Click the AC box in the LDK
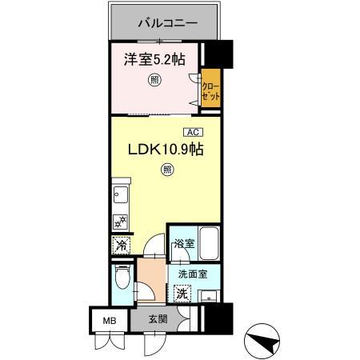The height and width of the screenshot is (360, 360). pos(192,131)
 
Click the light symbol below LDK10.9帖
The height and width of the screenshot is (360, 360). pos(166,169)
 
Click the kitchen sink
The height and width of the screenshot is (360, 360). pos(122,195)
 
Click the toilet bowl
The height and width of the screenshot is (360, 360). pos(121,280)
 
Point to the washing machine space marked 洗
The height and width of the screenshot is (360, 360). pos(182,294)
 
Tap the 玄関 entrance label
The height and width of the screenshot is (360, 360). pos(158,318)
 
